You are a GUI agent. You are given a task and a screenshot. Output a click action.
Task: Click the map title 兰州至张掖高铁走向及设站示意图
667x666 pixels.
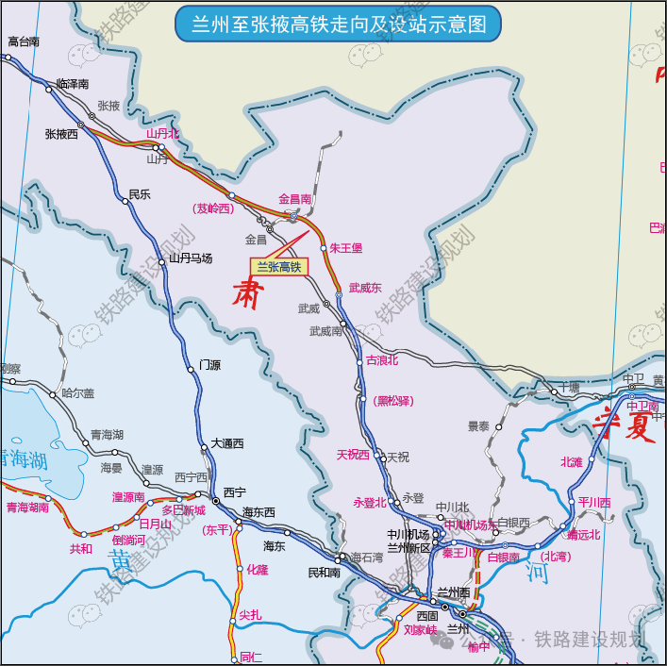pyautogui.click(x=339, y=25)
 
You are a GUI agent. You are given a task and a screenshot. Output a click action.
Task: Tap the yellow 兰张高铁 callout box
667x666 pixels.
pyautogui.click(x=278, y=267)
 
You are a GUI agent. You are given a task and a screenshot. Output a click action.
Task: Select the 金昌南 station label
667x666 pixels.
pyautogui.click(x=294, y=199)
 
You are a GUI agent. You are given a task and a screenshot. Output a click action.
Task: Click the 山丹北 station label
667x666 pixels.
pyautogui.click(x=162, y=134)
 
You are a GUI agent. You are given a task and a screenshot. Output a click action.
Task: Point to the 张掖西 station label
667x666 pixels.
pyautogui.click(x=61, y=134)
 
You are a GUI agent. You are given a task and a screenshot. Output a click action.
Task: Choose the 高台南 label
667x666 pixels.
pyautogui.click(x=24, y=42)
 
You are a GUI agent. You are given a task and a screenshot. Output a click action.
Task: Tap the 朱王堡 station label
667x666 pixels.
pyautogui.click(x=345, y=248)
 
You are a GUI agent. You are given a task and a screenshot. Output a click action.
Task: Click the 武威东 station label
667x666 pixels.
pyautogui.click(x=365, y=288)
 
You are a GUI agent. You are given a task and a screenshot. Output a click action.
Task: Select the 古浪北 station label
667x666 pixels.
pyautogui.click(x=382, y=360)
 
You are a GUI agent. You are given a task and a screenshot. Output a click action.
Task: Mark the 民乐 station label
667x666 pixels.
pyautogui.click(x=140, y=194)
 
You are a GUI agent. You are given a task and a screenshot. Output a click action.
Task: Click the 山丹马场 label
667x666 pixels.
pyautogui.click(x=191, y=258)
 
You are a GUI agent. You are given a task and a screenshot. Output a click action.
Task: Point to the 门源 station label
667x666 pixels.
pyautogui.click(x=209, y=365)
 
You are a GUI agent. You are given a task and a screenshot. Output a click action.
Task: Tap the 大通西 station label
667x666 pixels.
pyautogui.click(x=226, y=443)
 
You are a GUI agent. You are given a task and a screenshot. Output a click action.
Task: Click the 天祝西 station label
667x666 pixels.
pyautogui.click(x=353, y=455)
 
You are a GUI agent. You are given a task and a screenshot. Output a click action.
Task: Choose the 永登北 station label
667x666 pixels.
pyautogui.click(x=370, y=503)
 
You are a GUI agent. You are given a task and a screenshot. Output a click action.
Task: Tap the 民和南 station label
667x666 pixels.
pyautogui.click(x=324, y=572)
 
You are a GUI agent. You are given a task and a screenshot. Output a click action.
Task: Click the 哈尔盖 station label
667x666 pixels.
pyautogui.click(x=78, y=393)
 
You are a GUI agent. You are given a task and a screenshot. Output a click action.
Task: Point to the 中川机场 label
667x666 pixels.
pyautogui.click(x=408, y=534)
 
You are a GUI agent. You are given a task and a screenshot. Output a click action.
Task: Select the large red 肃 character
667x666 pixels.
pyautogui.click(x=248, y=293)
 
